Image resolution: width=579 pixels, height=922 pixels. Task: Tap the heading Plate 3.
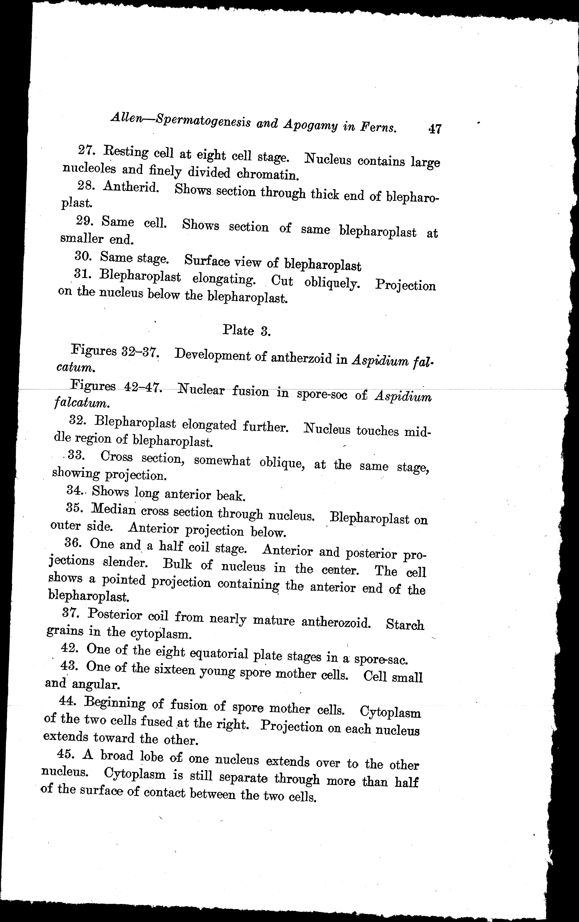point(247,330)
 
